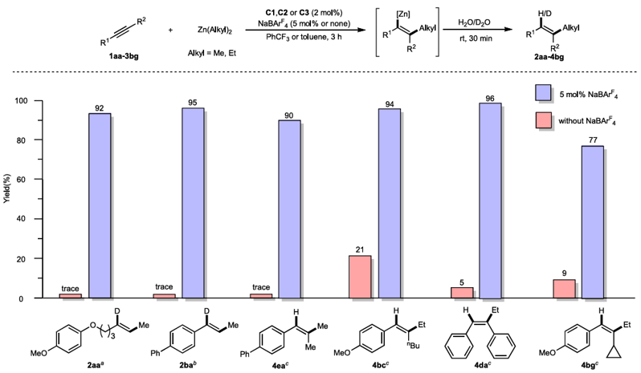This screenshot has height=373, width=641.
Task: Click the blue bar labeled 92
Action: coord(99,205)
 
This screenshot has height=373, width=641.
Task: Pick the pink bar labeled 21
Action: coord(360,277)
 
